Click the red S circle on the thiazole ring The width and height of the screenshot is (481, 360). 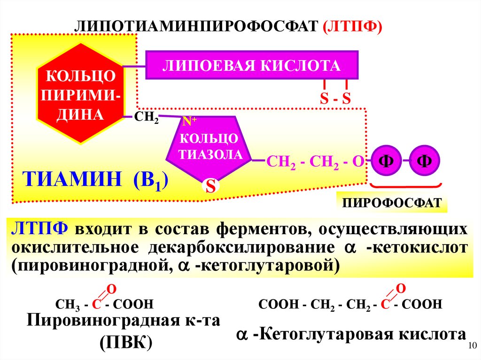(x=211, y=187)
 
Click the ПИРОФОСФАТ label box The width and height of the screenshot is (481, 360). (x=392, y=203)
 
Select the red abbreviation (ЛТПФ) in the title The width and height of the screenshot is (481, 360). (x=353, y=26)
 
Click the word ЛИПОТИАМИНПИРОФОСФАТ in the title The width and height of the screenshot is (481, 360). (x=195, y=26)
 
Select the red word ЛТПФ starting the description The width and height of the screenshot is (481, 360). (x=40, y=230)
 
